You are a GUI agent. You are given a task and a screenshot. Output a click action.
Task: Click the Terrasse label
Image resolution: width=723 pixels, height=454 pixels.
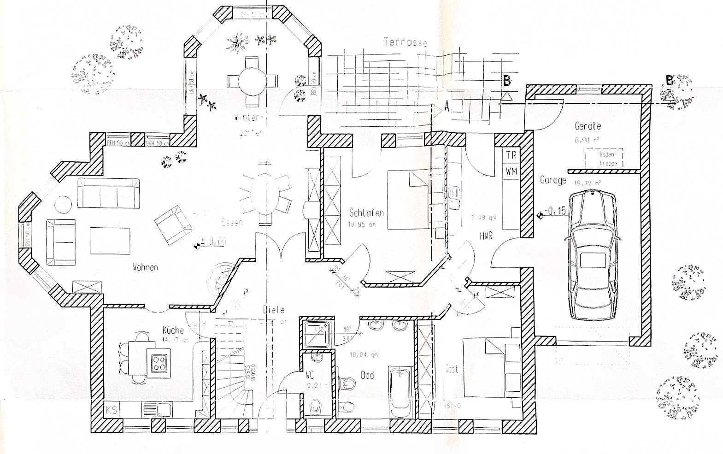click(x=406, y=42)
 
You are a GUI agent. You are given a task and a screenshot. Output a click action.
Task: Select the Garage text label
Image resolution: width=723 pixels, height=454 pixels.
click(x=553, y=180)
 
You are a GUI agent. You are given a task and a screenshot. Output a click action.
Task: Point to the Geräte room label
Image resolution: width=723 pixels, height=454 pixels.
click(x=588, y=125)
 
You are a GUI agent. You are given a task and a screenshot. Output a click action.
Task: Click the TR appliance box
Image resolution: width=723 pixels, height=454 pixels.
click(x=511, y=155)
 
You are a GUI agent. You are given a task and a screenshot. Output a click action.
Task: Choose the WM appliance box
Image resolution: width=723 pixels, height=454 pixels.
click(x=511, y=171)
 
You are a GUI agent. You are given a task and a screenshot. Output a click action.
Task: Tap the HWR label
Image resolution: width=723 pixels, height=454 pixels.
click(x=486, y=236)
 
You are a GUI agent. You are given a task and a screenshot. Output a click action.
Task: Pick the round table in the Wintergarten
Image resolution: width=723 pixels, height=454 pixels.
click(x=252, y=80)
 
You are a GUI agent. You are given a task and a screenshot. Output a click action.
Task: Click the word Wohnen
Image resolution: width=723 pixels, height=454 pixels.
click(x=146, y=267)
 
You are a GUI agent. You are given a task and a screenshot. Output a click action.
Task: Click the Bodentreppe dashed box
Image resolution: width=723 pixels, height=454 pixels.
click(x=604, y=158)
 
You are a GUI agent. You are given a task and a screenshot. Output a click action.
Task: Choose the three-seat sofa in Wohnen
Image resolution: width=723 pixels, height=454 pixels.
click(x=108, y=194)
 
